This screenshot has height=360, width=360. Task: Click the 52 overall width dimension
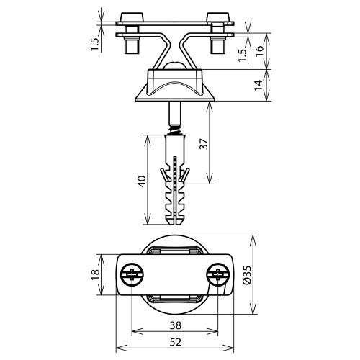(x=175, y=342)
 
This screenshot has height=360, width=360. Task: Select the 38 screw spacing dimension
(x=176, y=325)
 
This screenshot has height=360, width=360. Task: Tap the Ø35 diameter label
(x=247, y=275)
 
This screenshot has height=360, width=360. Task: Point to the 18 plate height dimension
(x=95, y=274)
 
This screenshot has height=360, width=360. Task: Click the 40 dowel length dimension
(x=142, y=181)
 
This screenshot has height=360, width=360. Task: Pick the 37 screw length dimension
(x=203, y=144)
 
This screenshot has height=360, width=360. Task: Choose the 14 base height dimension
(x=258, y=86)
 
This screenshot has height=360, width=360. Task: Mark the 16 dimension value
(x=259, y=51)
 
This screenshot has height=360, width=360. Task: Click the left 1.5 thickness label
(x=95, y=44)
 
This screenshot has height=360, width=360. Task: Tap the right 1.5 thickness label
(x=243, y=55)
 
